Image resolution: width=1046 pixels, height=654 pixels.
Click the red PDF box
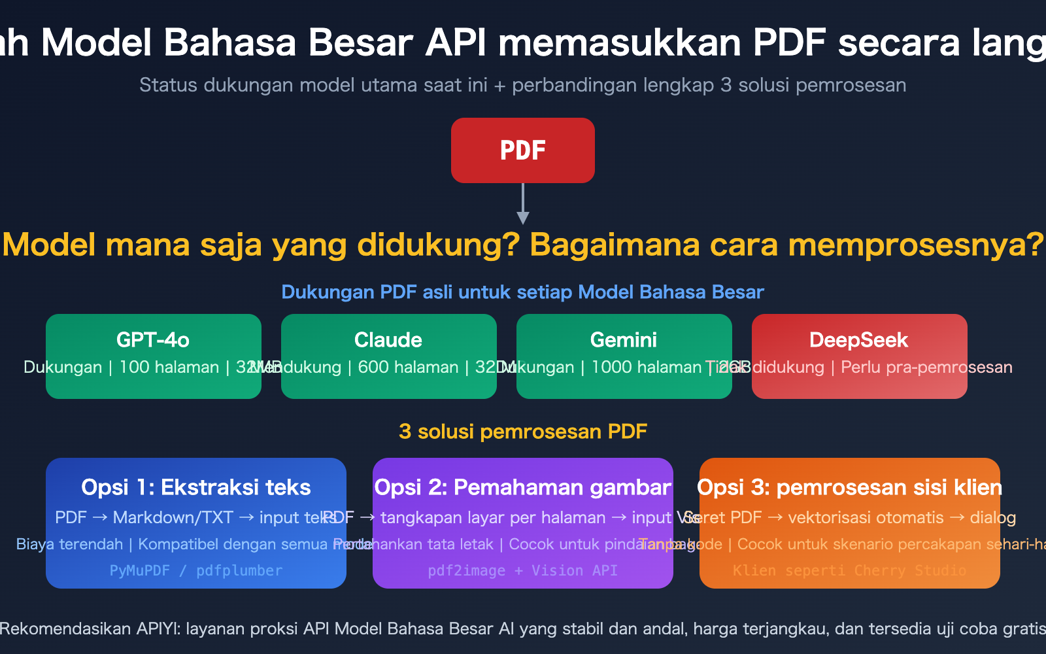(x=522, y=150)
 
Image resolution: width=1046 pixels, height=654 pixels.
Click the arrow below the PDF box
(x=522, y=204)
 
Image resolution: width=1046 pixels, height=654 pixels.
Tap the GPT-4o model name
(x=153, y=340)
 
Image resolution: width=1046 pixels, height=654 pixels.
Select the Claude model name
(x=388, y=340)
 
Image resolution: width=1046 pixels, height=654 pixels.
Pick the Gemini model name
(x=624, y=340)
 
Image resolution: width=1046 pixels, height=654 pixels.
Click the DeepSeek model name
(x=858, y=340)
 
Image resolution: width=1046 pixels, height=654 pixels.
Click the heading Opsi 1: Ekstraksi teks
(x=196, y=487)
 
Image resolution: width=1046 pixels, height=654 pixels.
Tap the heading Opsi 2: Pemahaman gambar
(x=522, y=487)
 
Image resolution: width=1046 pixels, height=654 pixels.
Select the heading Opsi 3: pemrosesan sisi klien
(x=849, y=487)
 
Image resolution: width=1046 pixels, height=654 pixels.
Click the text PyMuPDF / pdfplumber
(x=196, y=570)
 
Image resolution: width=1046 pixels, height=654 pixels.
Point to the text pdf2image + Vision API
(x=522, y=570)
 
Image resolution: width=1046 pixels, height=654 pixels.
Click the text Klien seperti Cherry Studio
(x=849, y=570)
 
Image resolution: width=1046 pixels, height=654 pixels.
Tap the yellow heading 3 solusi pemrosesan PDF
(x=522, y=432)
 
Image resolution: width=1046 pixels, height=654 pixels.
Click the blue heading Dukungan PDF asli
(x=522, y=292)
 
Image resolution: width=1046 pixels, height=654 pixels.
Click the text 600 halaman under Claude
(x=408, y=368)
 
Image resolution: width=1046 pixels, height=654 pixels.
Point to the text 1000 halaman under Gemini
(x=646, y=368)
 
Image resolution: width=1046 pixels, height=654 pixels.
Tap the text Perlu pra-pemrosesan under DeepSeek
(x=926, y=368)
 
